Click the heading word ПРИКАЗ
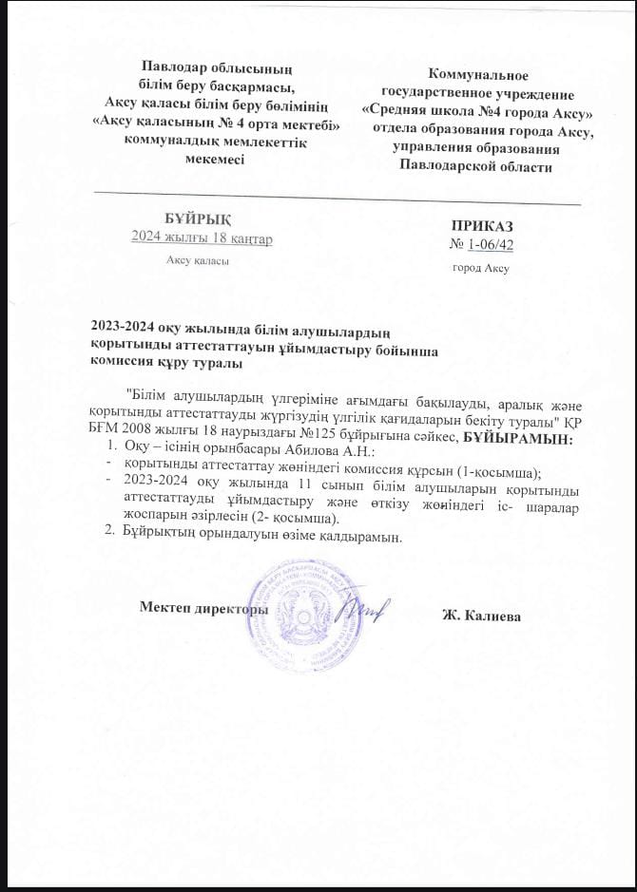482,228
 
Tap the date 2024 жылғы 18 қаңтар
202,238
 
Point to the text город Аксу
482,268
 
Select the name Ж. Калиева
481,615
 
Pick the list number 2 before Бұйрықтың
107,536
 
